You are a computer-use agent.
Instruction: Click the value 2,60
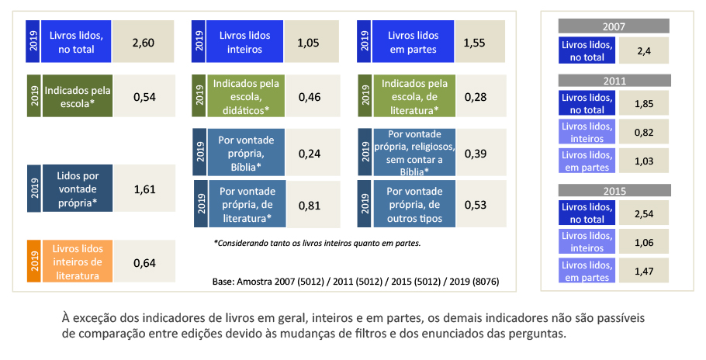click(x=144, y=42)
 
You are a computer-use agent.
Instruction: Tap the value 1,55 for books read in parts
click(x=473, y=42)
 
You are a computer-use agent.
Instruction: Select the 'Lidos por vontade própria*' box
click(x=78, y=189)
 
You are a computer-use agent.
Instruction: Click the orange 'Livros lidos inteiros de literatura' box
click(x=78, y=262)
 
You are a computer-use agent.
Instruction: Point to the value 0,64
click(x=144, y=262)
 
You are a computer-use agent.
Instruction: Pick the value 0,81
click(x=310, y=205)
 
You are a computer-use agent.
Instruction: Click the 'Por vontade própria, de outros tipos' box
click(x=414, y=205)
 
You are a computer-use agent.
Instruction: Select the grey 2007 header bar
click(x=614, y=26)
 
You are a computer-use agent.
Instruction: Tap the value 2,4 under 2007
click(x=642, y=51)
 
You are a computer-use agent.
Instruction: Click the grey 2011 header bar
click(x=614, y=81)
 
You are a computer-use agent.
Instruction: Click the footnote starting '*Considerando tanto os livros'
click(x=317, y=243)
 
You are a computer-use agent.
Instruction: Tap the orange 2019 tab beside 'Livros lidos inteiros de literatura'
click(x=34, y=262)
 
